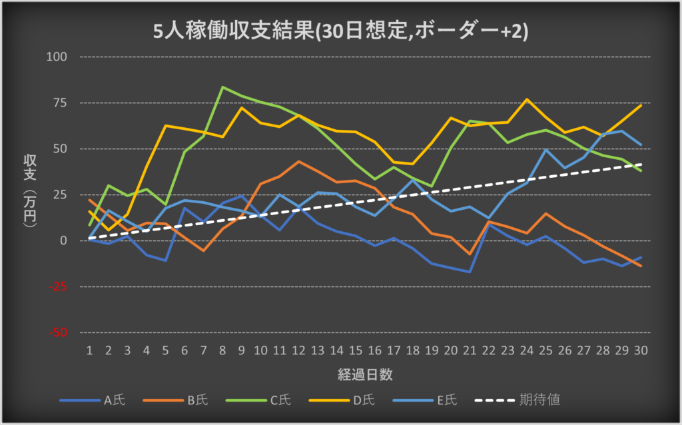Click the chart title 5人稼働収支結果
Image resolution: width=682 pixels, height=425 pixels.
click(341, 32)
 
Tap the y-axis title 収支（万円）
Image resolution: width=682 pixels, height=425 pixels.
click(31, 193)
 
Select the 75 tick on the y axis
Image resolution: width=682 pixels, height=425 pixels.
click(61, 103)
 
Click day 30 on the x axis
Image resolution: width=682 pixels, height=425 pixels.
click(641, 350)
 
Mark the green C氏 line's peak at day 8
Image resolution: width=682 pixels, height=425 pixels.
click(222, 87)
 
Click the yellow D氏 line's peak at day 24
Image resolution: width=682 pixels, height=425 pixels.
click(527, 99)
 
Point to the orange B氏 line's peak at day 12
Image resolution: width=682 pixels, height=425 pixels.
click(298, 161)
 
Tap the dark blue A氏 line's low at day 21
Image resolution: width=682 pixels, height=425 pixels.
click(470, 272)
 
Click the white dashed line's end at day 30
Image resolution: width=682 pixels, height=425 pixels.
click(641, 164)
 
